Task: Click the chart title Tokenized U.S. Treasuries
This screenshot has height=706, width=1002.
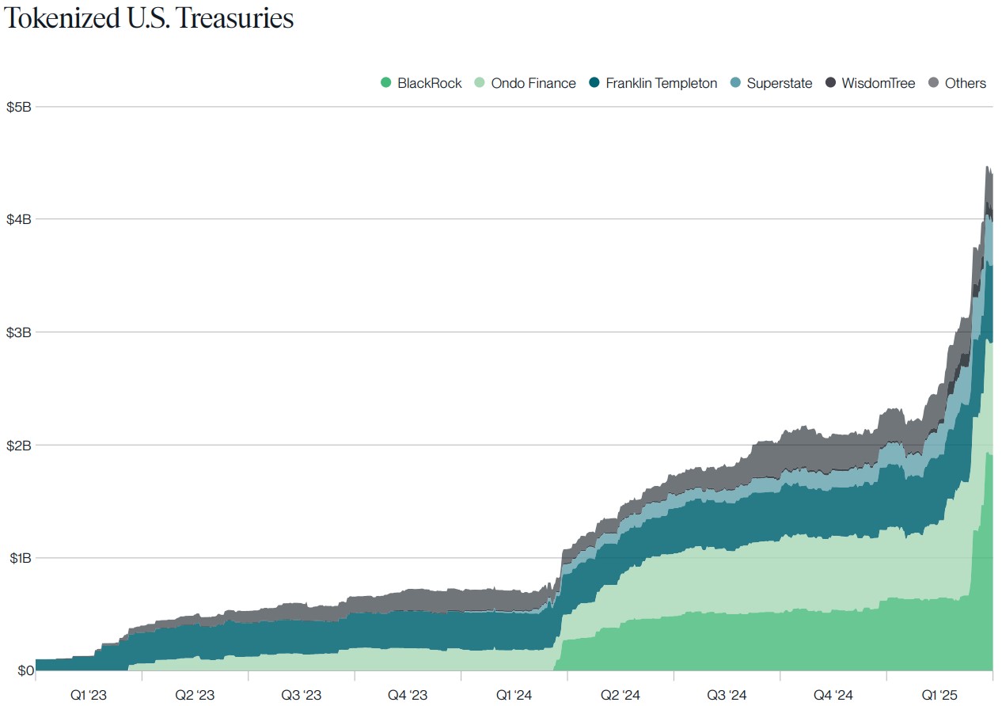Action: (150, 19)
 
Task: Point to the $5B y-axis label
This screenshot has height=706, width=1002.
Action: (19, 107)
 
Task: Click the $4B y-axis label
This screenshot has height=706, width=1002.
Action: (19, 219)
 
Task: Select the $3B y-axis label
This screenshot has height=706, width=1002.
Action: (19, 332)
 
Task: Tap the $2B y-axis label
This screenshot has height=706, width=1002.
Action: (19, 445)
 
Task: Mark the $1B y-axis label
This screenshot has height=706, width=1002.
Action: (19, 558)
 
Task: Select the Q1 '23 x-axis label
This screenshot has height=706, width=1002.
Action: (88, 695)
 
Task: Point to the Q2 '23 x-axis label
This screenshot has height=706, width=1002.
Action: (195, 695)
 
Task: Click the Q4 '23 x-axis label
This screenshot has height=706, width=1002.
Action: (407, 695)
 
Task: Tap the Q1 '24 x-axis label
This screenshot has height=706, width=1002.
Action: (514, 695)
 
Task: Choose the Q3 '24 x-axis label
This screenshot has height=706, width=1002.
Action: (727, 695)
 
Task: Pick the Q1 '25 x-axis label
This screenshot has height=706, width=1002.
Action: (939, 695)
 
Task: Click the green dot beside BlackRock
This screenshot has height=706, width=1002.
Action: (386, 83)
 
